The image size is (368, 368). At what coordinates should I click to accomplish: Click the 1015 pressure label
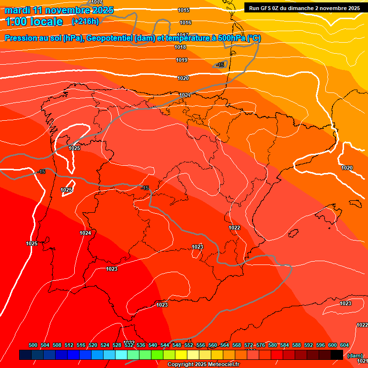pyautogui.click(x=184, y=10)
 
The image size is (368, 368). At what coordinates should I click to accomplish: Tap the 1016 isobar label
pyautogui.click(x=185, y=23)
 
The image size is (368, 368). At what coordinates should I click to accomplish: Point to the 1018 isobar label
pyautogui.click(x=181, y=47)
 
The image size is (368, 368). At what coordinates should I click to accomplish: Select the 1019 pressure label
pyautogui.click(x=182, y=60)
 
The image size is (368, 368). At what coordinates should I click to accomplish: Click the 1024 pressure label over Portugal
pyautogui.click(x=85, y=233)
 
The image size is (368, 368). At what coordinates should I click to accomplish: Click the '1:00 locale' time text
pyautogui.click(x=34, y=22)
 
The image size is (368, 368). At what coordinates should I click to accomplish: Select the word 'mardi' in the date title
pyautogui.click(x=18, y=10)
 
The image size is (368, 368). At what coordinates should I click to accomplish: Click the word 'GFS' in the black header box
pyautogui.click(x=267, y=8)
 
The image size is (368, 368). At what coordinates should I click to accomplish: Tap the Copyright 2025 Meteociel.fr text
pyautogui.click(x=203, y=365)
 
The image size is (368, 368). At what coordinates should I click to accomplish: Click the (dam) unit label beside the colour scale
pyautogui.click(x=355, y=356)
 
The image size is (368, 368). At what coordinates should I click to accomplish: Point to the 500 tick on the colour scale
pyautogui.click(x=33, y=345)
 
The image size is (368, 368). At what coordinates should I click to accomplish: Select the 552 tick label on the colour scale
pyautogui.click(x=189, y=345)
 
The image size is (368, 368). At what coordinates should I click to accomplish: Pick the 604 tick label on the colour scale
pyautogui.click(x=345, y=345)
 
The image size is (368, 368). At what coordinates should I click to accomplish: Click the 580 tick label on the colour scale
pyautogui.click(x=273, y=345)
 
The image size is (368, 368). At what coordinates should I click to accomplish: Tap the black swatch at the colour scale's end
pyautogui.click(x=337, y=355)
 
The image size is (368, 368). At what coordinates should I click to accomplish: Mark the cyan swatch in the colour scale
pyautogui.click(x=121, y=355)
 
